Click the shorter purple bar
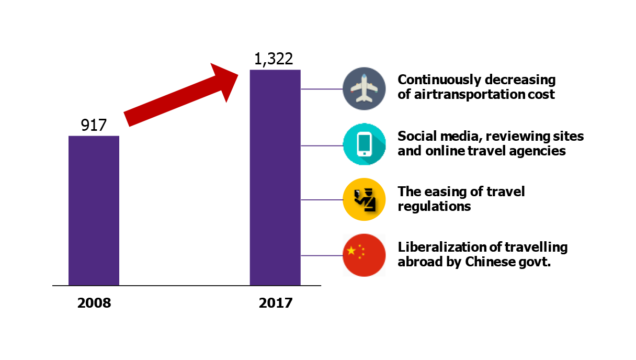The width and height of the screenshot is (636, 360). pos(94,210)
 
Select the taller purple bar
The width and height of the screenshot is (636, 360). pos(275,177)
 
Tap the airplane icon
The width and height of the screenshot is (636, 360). pos(364,88)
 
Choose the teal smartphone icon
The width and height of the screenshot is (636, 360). pos(364,144)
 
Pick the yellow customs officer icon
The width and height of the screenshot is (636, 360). pos(364,199)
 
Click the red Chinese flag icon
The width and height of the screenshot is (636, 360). pos(364,255)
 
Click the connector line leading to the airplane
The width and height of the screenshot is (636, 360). pos(321,89)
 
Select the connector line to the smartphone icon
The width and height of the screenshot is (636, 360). pos(321,145)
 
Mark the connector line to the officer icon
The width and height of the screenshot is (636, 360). pos(321,200)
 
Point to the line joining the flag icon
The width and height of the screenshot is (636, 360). pos(321,255)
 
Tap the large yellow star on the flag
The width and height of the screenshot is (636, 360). pos(351,251)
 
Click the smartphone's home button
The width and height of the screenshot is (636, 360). pos(364,153)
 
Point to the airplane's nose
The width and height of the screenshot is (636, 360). pos(364,76)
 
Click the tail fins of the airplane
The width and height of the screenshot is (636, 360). pos(364,99)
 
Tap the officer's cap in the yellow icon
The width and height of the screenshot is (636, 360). pos(368,190)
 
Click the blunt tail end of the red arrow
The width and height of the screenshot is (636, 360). pos(128,119)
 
